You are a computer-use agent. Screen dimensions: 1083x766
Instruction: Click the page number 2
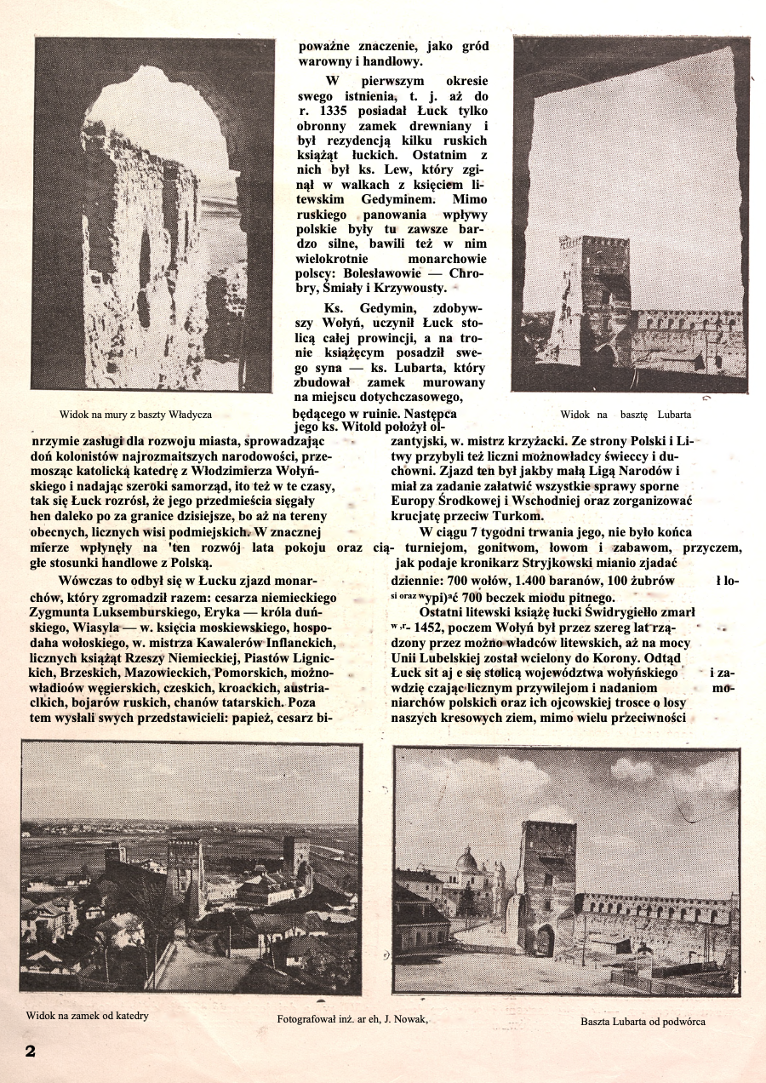[x=30, y=1051]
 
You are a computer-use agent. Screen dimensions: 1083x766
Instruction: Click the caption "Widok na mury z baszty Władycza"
[x=135, y=415]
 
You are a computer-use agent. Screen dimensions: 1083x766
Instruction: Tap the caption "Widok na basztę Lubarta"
[x=626, y=415]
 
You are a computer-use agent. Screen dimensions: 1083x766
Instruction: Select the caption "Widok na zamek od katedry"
[x=87, y=1016]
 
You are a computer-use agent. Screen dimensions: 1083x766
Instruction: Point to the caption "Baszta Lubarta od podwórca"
[x=643, y=1021]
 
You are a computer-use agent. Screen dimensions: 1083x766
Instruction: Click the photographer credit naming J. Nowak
[x=352, y=1018]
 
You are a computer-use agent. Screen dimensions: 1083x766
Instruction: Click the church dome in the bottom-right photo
[x=466, y=858]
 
